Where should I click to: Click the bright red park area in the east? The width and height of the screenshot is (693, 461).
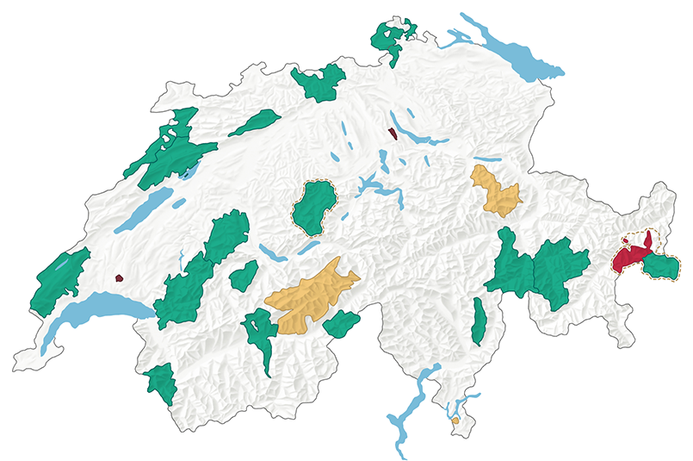click(x=632, y=256)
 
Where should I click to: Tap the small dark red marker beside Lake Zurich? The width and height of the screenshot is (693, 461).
click(x=393, y=133)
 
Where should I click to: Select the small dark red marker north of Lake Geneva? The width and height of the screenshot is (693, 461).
click(x=119, y=278)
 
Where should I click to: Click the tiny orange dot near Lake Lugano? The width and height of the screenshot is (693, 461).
click(x=455, y=421)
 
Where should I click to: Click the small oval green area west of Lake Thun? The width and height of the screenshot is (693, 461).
click(x=244, y=277)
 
